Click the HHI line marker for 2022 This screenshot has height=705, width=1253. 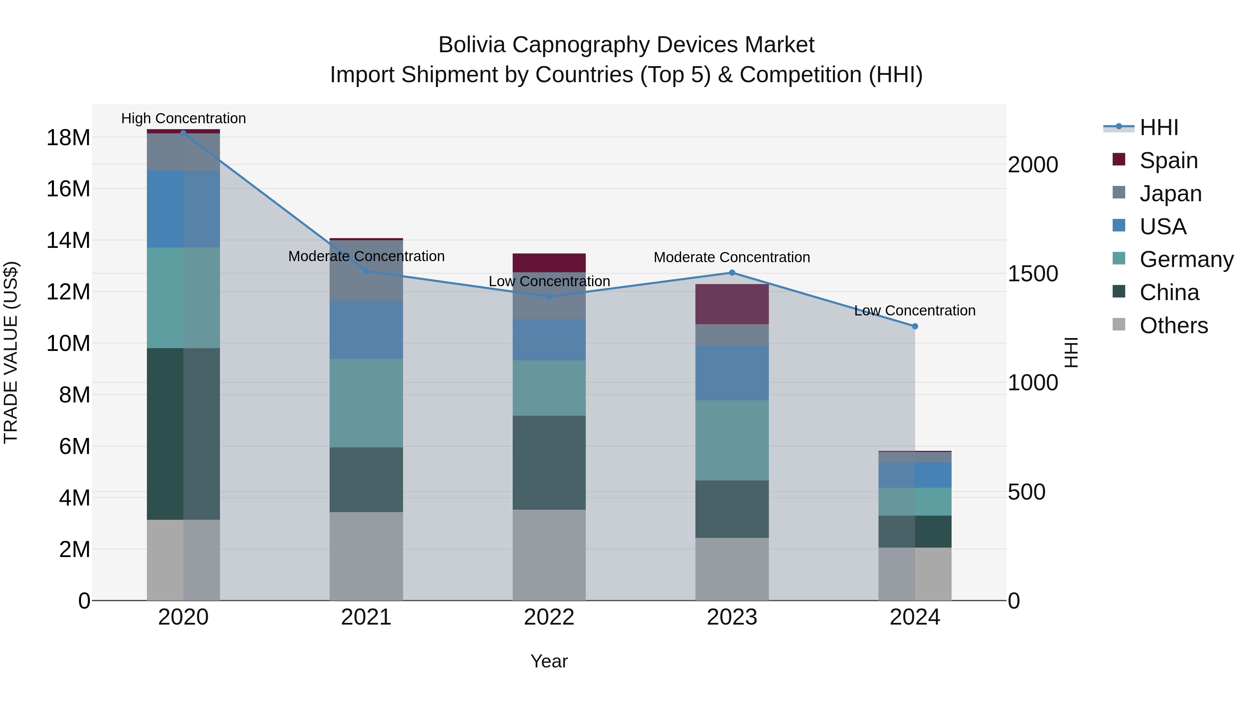pos(549,296)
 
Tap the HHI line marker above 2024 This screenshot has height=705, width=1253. pos(915,327)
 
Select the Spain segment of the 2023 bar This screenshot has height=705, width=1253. pos(732,304)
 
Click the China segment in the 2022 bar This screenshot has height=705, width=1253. pos(549,462)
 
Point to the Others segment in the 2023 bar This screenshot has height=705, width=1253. pos(732,569)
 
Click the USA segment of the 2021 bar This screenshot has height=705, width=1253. pos(366,330)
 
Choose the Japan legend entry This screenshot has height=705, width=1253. pos(1170,193)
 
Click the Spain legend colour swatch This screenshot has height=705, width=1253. pos(1119,159)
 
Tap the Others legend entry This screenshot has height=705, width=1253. pos(1173,325)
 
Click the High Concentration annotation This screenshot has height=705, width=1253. pos(183,118)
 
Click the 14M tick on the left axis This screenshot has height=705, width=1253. pos(68,240)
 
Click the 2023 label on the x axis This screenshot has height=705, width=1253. pos(732,617)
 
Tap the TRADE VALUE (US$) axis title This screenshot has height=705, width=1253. pos(11,352)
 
